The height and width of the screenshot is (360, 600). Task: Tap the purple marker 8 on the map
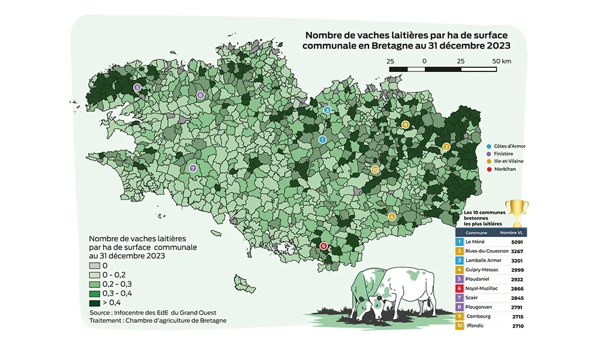pyautogui.click(x=200, y=95)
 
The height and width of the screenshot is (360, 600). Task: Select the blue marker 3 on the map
pyautogui.click(x=327, y=110)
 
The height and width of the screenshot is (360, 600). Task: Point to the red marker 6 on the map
pyautogui.click(x=323, y=245)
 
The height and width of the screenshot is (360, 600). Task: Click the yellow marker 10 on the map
pyautogui.click(x=375, y=170)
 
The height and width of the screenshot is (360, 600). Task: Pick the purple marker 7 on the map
pyautogui.click(x=193, y=169)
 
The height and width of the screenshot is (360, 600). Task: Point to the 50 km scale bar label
pyautogui.click(x=501, y=61)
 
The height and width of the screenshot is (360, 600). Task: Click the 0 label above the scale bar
pyautogui.click(x=424, y=61)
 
